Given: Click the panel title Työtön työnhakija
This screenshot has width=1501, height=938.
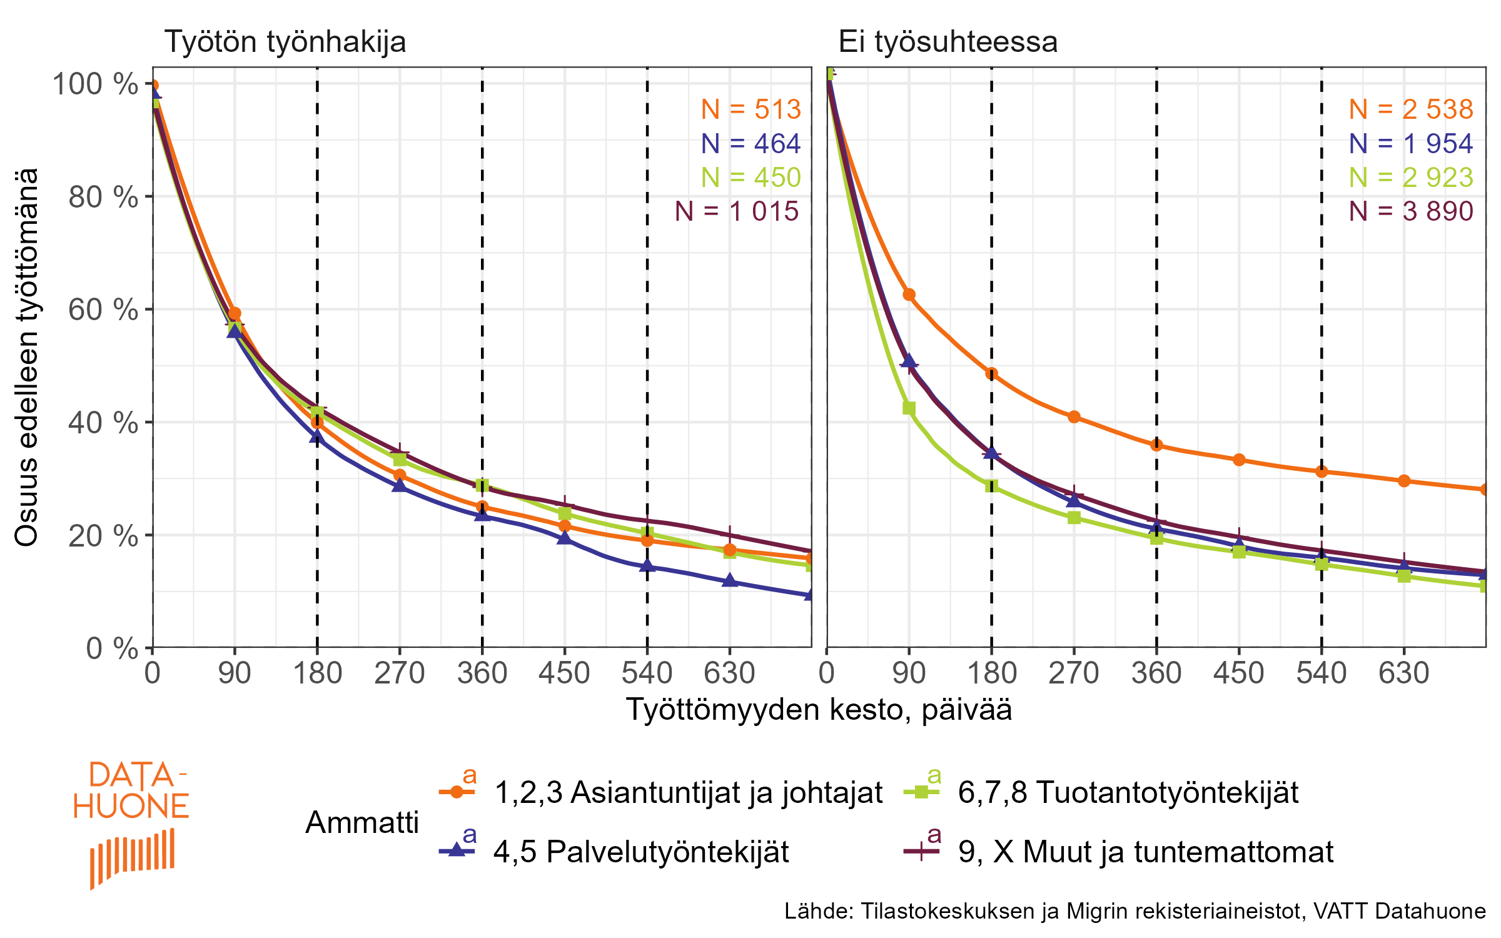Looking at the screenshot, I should (x=285, y=43).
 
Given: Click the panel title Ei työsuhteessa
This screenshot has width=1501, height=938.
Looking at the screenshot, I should (x=948, y=43).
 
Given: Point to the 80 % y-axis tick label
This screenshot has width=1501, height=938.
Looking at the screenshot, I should (x=103, y=198).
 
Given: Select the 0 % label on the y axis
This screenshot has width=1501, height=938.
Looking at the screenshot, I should (x=112, y=648).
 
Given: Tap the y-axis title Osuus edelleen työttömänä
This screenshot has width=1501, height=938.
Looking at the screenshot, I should (x=26, y=357).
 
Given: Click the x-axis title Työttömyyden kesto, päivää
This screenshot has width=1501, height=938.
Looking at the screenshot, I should (x=819, y=710).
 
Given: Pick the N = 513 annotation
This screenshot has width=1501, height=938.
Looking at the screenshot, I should (x=750, y=109).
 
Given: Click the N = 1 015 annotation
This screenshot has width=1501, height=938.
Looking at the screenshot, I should (x=737, y=211).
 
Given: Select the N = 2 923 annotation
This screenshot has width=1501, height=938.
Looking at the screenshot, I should (x=1411, y=178).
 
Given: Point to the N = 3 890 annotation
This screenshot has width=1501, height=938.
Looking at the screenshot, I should (x=1411, y=211).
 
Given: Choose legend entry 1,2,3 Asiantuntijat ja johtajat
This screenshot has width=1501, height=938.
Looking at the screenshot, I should (x=688, y=792).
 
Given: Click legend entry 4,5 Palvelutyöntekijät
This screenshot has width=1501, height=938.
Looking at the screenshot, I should (x=641, y=852).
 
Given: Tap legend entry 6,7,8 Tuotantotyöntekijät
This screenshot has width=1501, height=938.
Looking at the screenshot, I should (x=1128, y=792).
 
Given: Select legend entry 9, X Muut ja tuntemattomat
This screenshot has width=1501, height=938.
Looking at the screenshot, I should (x=1145, y=852).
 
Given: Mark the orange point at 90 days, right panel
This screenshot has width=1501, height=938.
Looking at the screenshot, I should (x=909, y=295).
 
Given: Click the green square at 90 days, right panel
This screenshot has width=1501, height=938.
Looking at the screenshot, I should (x=909, y=408).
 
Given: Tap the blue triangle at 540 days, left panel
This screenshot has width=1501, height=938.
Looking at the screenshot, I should (x=647, y=566).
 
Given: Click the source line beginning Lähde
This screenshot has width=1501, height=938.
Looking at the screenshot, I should (x=1135, y=911).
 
